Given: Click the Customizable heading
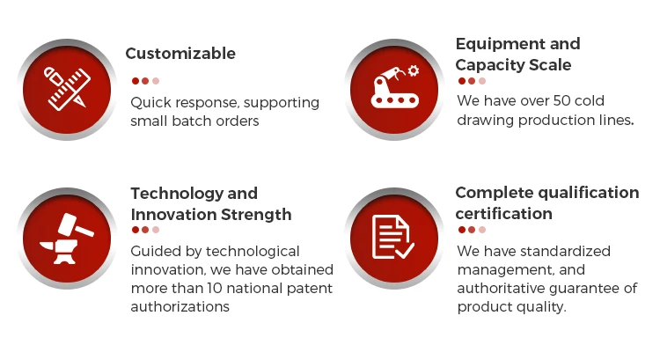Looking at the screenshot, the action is (180, 54).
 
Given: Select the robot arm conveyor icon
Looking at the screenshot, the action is (394, 86).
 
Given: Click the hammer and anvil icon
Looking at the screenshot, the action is (67, 239).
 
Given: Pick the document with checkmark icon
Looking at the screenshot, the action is (393, 237).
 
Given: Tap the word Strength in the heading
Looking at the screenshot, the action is (256, 215).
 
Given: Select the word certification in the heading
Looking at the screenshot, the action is (504, 214).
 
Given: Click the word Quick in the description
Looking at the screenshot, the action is (150, 102).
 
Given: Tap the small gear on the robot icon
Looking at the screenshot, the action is (414, 70).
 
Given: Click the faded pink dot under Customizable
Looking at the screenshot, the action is (156, 81).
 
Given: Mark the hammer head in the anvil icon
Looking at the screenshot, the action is (68, 223).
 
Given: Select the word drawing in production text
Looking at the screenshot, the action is (485, 121).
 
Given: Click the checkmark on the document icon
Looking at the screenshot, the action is (405, 251).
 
